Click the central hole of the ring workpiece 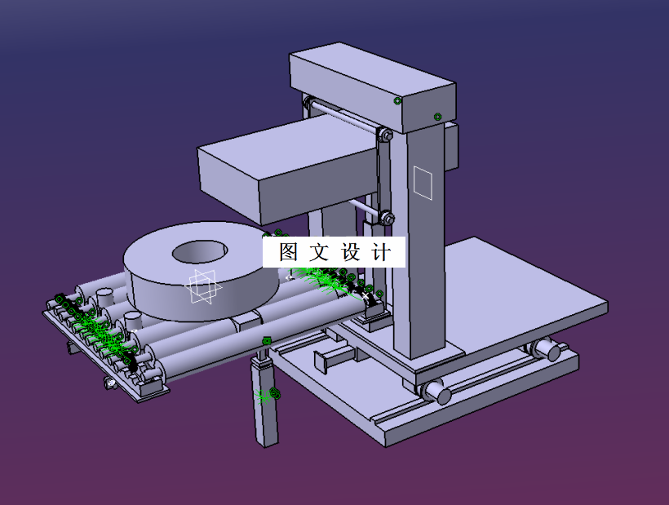click(x=201, y=251)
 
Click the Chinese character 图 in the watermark click(x=289, y=252)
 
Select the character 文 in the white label click(x=320, y=252)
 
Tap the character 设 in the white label click(x=351, y=252)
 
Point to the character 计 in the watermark click(x=381, y=252)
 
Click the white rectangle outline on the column click(x=422, y=182)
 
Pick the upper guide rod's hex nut click(x=386, y=134)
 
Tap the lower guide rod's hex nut click(x=386, y=218)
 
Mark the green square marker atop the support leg click(x=266, y=340)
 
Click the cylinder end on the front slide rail click(x=439, y=394)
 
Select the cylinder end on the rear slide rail click(x=552, y=351)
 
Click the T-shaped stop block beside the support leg click(x=331, y=358)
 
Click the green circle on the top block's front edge click(x=398, y=100)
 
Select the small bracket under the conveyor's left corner click(x=109, y=382)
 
